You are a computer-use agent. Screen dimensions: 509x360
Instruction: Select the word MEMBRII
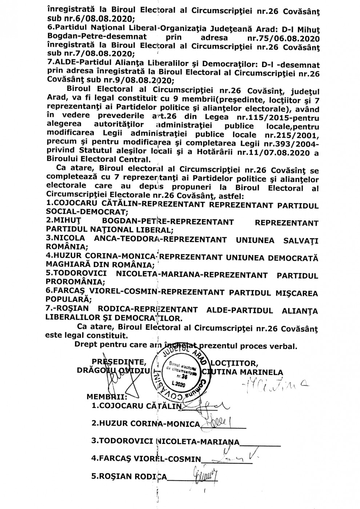[107, 395]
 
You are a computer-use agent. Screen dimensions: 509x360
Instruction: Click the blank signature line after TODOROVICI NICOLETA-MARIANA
[260, 443]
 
